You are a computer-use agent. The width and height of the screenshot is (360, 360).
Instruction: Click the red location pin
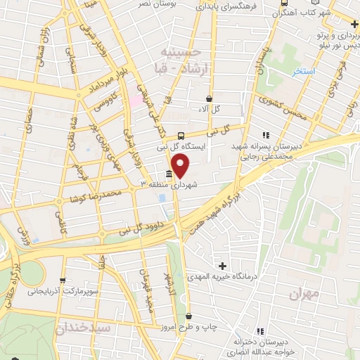(181, 167)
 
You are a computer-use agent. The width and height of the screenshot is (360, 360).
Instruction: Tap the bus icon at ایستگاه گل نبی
(181, 135)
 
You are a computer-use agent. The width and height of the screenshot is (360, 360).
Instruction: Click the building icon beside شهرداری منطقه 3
(169, 174)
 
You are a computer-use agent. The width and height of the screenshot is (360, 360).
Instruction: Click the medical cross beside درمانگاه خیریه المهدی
(223, 266)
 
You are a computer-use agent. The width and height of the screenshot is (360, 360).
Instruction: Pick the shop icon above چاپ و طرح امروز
(188, 317)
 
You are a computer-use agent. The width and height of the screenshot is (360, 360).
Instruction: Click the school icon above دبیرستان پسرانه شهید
(265, 135)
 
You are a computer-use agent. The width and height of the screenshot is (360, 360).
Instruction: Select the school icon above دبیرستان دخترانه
(260, 330)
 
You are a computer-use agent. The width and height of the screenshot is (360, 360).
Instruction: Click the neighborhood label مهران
(304, 293)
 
